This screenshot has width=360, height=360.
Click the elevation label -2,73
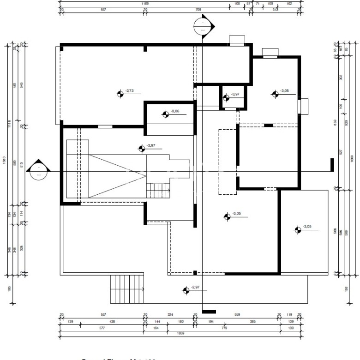point(129,91)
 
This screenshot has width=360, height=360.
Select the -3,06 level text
point(175,111)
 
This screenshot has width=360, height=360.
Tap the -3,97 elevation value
point(235,95)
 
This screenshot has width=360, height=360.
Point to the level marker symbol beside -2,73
point(120,94)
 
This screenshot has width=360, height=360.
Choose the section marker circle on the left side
point(38,170)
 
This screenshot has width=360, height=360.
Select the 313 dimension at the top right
point(275,9)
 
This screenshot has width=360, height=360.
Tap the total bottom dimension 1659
point(180,333)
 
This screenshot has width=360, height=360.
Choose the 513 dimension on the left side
point(22,165)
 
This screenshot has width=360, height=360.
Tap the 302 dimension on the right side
point(341,78)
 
